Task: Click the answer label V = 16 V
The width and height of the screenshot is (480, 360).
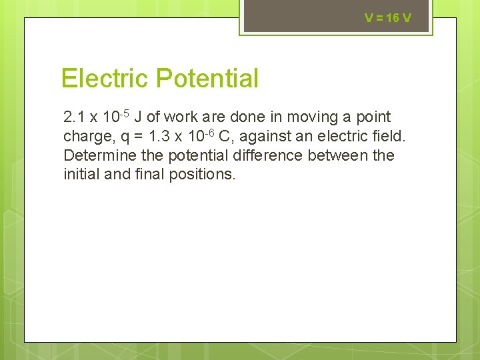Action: [x=388, y=18]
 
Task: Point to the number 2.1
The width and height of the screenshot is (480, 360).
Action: [x=74, y=118]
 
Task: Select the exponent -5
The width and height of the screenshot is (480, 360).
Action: [x=123, y=113]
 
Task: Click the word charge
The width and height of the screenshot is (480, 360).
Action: [x=84, y=137]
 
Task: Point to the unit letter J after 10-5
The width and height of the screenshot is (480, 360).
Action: [x=137, y=118]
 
